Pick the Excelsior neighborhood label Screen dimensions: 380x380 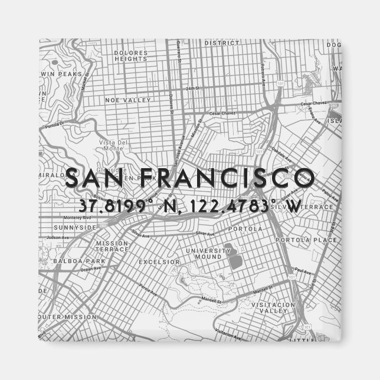[159, 261]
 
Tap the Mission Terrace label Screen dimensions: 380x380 [112, 247]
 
